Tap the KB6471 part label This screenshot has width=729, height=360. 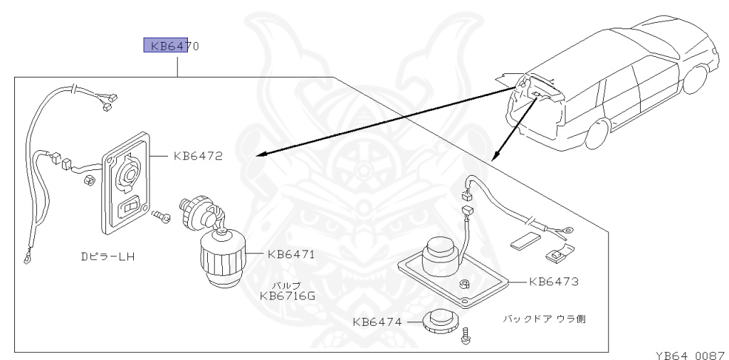click(290, 253)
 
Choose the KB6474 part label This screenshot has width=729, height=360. click(377, 322)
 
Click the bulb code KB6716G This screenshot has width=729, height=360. click(288, 295)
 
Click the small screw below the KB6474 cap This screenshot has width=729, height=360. click(466, 334)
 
